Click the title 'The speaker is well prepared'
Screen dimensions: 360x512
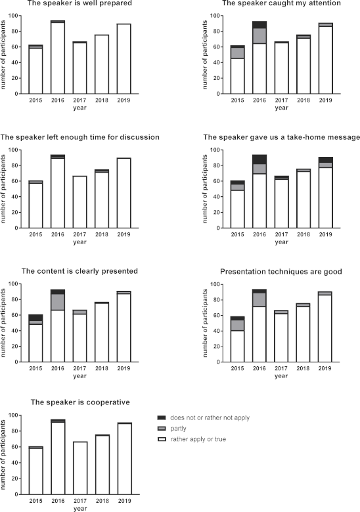coord(79,3)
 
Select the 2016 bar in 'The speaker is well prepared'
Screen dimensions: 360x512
coord(58,57)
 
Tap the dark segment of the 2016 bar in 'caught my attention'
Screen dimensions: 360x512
coord(259,25)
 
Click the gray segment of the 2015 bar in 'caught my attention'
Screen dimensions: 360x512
coord(238,53)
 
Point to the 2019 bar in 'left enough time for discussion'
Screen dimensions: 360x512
coord(124,193)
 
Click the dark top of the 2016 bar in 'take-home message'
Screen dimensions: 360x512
coord(259,160)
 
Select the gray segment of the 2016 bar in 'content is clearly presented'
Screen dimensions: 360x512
coord(58,302)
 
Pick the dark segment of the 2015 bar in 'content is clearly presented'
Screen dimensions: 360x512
coord(35,318)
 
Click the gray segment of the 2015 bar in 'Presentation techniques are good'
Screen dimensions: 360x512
coord(238,325)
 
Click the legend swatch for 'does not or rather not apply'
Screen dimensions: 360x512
coord(162,417)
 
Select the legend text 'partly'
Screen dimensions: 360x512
coord(178,429)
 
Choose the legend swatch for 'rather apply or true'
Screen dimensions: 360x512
coord(162,439)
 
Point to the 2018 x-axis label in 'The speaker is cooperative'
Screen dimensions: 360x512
coord(102,501)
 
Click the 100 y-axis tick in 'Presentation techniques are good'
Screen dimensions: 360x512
coord(215,284)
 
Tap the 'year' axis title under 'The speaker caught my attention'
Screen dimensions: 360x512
coord(281,108)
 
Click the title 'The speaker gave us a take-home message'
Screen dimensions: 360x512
coord(281,137)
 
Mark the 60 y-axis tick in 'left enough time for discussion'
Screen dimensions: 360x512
coord(13,181)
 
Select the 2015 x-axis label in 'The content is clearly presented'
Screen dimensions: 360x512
coord(35,368)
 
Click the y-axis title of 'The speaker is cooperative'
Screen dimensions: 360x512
coord(3,454)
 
